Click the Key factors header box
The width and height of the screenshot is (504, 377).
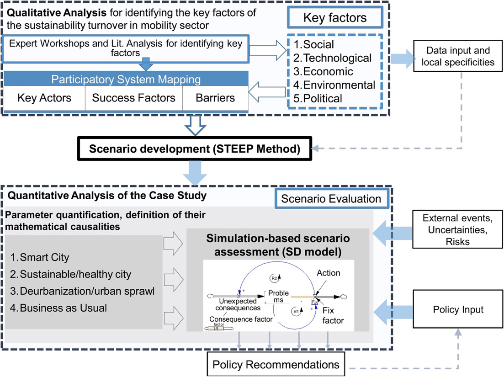(335, 18)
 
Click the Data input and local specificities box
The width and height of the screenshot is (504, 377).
(458, 56)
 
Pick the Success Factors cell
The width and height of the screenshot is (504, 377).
(133, 98)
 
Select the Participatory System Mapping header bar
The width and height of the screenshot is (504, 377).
(126, 80)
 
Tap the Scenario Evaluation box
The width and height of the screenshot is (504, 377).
(331, 199)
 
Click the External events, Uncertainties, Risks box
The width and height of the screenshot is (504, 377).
(458, 229)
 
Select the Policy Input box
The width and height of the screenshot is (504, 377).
(458, 310)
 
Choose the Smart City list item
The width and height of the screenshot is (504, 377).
(40, 257)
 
